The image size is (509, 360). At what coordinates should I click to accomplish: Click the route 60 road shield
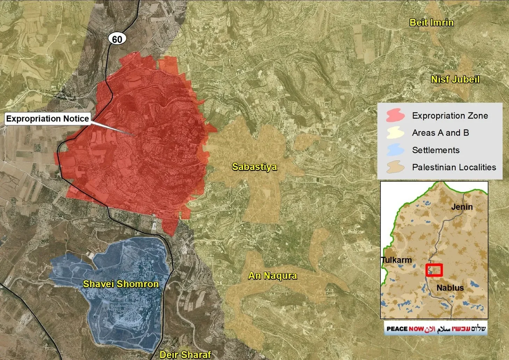(117, 39)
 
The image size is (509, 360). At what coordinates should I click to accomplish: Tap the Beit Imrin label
(431, 23)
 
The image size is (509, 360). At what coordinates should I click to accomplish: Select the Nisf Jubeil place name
(455, 79)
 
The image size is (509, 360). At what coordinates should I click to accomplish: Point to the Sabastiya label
(254, 167)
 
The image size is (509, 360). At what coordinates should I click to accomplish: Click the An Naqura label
(272, 276)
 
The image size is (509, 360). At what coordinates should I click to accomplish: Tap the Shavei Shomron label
(121, 284)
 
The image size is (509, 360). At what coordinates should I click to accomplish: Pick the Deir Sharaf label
(185, 354)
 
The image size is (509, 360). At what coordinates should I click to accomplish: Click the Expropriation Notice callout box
(48, 119)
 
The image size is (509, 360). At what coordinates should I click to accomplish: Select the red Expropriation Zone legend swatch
(395, 115)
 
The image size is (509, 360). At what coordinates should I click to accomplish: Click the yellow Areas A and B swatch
(395, 133)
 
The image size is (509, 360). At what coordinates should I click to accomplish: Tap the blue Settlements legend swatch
(395, 150)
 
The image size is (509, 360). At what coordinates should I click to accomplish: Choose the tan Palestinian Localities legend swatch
(395, 167)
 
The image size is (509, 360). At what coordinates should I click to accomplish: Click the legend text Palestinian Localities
(454, 167)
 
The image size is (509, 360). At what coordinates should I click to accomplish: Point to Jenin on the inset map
(461, 207)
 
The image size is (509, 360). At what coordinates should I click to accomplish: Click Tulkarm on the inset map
(396, 260)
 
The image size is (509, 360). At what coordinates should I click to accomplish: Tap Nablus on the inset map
(450, 288)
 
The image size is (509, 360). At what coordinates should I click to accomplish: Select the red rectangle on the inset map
(434, 270)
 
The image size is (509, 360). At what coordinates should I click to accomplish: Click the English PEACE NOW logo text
(405, 329)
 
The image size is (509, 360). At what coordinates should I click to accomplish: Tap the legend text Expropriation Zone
(450, 115)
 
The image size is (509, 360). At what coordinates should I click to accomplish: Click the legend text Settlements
(436, 150)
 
